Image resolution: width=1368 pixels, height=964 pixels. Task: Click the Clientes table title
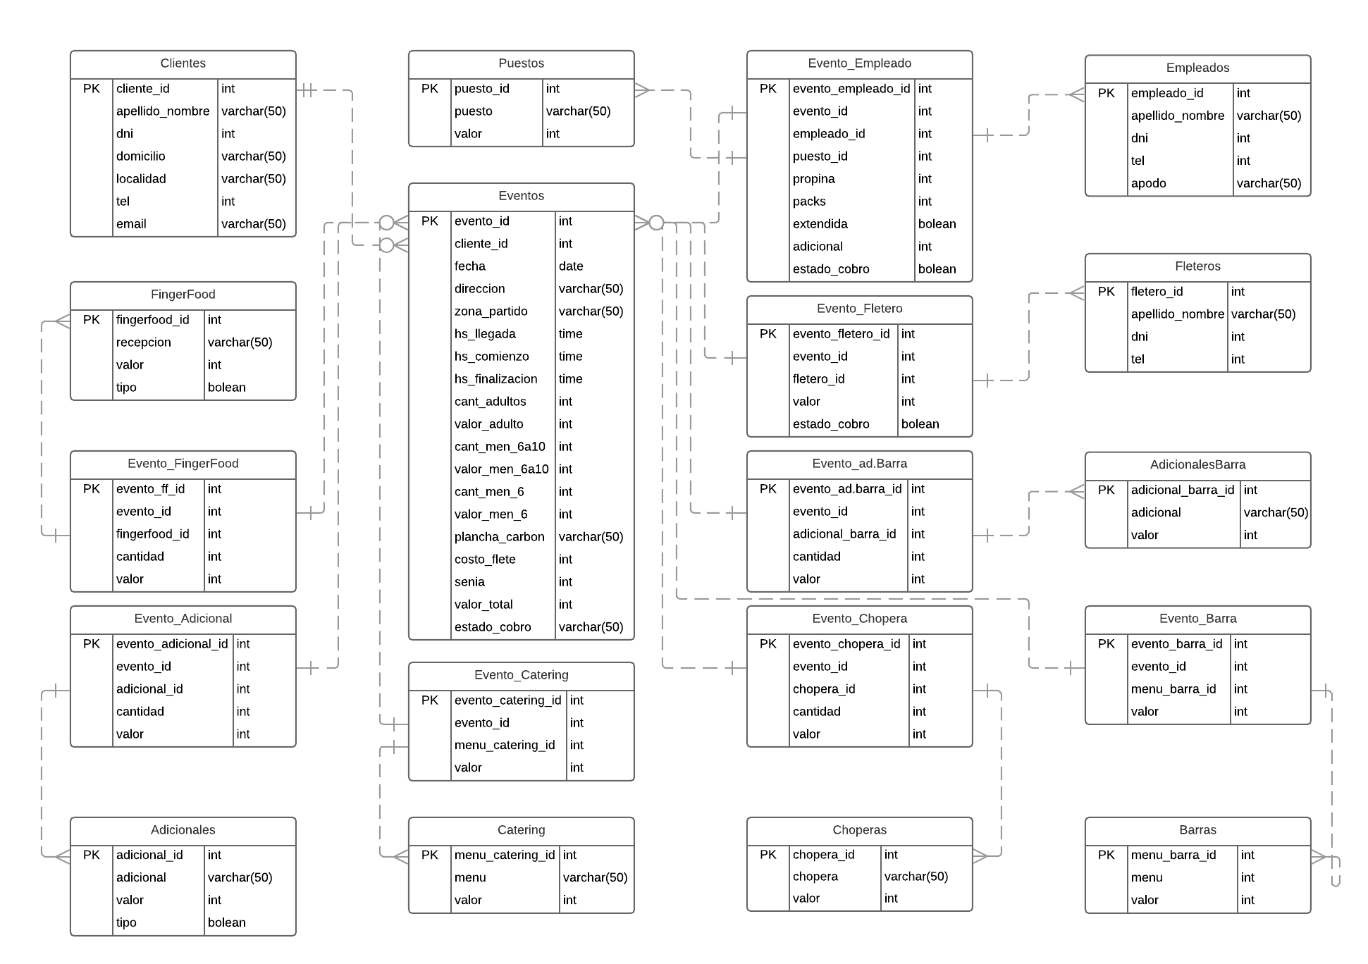183,63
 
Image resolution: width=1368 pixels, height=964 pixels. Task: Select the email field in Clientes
131,224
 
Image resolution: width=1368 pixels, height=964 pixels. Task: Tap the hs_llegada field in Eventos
485,334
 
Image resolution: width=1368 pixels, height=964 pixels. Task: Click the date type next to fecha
571,266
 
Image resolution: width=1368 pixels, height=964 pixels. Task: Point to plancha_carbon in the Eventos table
499,537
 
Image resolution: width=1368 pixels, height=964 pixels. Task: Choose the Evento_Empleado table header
859,63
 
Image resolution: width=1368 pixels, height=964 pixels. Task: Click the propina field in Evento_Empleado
813,179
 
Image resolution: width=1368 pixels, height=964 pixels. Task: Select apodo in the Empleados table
1148,183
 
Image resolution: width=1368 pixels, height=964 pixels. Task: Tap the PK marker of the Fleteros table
1106,292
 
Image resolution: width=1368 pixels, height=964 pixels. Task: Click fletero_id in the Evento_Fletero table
818,379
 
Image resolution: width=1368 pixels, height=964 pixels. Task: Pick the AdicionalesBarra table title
1197,465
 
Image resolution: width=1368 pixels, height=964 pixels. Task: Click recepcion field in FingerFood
143,342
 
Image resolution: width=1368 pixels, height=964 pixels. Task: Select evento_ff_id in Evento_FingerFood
150,489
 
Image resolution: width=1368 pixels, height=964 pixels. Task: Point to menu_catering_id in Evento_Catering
505,746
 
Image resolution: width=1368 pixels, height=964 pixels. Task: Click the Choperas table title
859,830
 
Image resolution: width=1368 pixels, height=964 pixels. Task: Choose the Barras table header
1197,830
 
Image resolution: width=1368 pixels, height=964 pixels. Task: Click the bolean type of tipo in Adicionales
226,922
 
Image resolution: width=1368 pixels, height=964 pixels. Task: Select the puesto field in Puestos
473,111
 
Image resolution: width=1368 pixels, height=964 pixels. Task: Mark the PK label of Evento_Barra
1106,644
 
